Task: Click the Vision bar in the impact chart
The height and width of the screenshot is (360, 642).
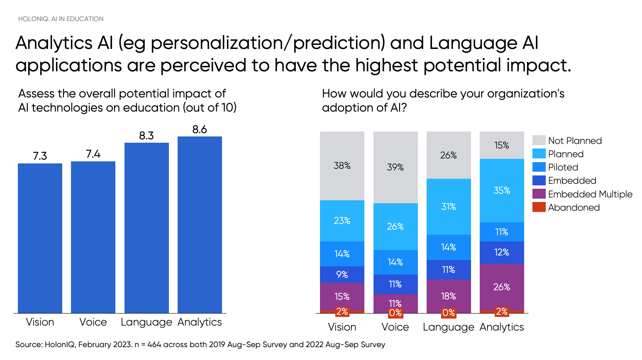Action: click(x=40, y=238)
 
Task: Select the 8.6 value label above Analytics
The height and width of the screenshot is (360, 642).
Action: click(x=200, y=129)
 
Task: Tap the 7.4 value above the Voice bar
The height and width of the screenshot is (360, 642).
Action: click(x=93, y=154)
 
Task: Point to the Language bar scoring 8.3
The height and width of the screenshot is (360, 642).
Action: click(x=146, y=228)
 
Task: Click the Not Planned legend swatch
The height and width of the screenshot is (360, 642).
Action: click(x=539, y=140)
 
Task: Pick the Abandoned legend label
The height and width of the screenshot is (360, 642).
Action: click(x=574, y=207)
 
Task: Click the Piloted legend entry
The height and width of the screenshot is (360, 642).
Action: click(x=563, y=167)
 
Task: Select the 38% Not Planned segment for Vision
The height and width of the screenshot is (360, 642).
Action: click(x=342, y=166)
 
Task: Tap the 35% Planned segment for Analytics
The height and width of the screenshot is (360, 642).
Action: click(x=502, y=190)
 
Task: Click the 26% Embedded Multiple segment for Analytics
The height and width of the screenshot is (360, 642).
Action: click(x=502, y=287)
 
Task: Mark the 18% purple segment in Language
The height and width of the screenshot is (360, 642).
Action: click(x=449, y=296)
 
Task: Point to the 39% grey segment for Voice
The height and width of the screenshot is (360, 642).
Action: click(x=395, y=167)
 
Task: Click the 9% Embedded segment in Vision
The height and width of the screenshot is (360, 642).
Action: click(x=342, y=275)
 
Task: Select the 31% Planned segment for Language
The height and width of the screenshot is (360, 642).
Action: click(x=449, y=207)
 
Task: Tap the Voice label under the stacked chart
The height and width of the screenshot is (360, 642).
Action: click(x=395, y=327)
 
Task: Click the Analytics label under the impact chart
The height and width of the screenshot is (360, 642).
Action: click(x=200, y=322)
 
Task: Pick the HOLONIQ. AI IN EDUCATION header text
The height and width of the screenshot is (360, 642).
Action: click(x=61, y=19)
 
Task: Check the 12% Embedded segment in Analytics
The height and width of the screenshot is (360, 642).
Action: click(x=502, y=252)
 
